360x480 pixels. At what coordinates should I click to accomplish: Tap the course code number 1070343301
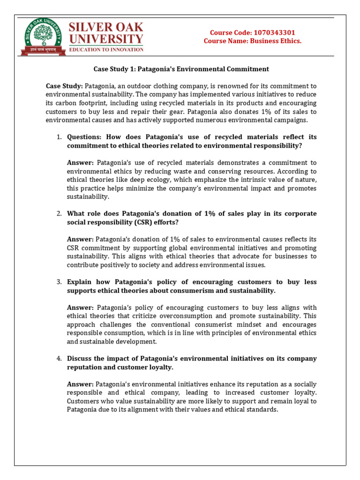[274, 33]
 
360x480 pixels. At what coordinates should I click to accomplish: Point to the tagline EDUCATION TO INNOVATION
[106, 49]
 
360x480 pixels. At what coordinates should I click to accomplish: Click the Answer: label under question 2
[80, 239]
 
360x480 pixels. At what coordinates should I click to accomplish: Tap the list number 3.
[60, 282]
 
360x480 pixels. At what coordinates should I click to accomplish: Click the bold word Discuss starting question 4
[80, 359]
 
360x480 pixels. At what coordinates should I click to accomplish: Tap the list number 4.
[60, 359]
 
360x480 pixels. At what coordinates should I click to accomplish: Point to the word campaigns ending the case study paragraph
[292, 120]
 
